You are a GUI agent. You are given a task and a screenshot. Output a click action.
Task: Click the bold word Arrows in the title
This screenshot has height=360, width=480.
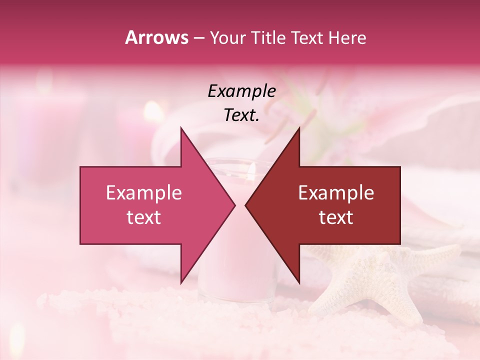pos(156,37)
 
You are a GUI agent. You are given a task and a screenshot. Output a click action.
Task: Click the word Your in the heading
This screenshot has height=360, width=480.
pos(228,37)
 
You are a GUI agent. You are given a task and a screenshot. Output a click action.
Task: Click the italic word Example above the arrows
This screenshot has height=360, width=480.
pos(241,91)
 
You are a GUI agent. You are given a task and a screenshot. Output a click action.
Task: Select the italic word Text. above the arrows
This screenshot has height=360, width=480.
pos(241,115)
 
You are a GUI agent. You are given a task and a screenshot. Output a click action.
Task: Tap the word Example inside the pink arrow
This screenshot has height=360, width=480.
pos(144,193)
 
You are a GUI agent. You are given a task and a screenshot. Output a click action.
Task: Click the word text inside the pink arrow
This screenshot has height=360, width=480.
pos(144,217)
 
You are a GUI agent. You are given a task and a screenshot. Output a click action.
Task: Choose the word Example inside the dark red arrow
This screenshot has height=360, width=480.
pos(336,193)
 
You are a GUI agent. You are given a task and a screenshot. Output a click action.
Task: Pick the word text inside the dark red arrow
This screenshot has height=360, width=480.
pos(336,217)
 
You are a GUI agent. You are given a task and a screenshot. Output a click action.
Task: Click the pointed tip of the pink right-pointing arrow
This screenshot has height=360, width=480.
pos(235,205)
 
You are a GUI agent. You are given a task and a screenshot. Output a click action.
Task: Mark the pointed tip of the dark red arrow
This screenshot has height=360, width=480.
pos(245,205)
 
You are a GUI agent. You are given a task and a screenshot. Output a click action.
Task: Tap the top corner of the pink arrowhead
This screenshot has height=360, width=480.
pos(181,128)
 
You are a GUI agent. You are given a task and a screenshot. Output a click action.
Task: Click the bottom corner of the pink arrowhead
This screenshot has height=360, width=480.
pos(181,282)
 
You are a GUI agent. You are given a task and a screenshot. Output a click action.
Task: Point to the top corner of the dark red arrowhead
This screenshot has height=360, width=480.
pos(299,128)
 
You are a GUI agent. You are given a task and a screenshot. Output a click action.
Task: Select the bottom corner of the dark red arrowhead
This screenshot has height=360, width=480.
pos(299,282)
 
